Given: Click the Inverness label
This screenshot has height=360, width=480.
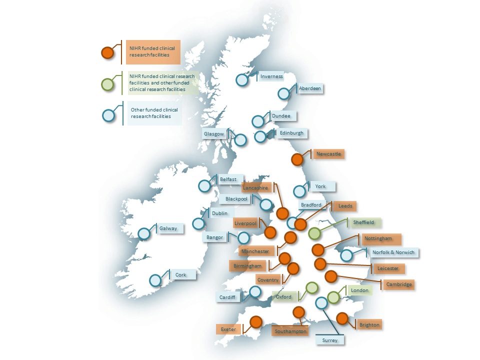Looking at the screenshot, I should point(271,76).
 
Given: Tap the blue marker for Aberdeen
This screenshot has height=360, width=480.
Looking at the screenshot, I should point(283,93).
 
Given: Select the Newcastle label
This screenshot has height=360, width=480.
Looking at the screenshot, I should point(328,154).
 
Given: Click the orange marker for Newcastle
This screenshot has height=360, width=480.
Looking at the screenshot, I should point(297,159).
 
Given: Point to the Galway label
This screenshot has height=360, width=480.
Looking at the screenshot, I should point(168,228).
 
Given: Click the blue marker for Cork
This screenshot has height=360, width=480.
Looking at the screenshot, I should point(155,280).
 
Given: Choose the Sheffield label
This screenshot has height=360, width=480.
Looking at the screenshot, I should point(364,222).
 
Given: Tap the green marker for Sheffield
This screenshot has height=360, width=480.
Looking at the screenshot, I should point(314,233).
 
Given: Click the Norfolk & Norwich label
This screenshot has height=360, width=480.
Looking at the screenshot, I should point(393,252).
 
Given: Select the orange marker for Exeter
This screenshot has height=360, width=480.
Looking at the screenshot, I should point(256,322).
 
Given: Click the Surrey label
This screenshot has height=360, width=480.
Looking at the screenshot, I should point(330,340).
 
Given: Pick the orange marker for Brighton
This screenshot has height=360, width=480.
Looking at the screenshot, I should point(342,318).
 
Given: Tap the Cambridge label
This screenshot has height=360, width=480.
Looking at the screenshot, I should point(399,284).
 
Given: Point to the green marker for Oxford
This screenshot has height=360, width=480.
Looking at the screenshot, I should point(312,287).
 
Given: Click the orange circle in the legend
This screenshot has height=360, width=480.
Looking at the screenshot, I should point(107,52).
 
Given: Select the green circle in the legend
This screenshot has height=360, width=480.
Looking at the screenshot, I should point(107,84).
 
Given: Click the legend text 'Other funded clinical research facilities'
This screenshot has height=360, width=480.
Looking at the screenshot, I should point(154,113).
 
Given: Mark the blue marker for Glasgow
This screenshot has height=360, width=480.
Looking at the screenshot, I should point(240,139).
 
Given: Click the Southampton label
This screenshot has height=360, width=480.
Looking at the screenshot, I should point(290,331).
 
